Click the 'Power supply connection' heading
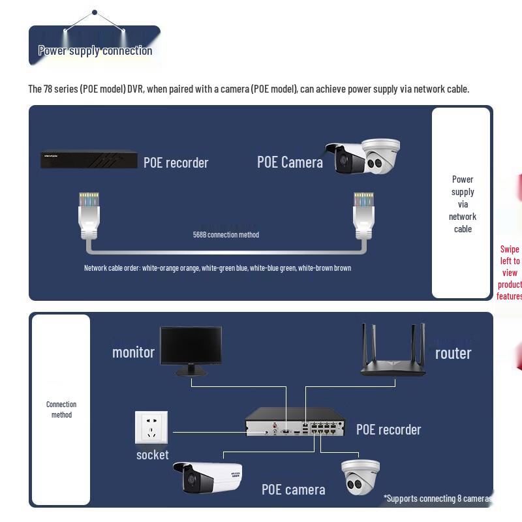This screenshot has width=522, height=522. click(95, 51)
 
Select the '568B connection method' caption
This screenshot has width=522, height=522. click(226, 235)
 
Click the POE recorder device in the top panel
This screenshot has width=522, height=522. click(89, 160)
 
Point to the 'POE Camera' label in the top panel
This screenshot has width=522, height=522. click(290, 162)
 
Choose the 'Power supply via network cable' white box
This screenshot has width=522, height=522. click(462, 204)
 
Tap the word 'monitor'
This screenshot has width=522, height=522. click(133, 352)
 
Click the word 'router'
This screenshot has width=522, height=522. click(453, 353)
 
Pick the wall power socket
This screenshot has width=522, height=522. click(151, 427)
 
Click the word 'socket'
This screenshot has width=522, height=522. click(152, 455)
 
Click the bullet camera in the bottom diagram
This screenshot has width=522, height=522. click(211, 478)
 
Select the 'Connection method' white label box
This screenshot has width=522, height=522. click(61, 410)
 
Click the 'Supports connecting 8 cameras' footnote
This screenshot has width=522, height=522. click(437, 499)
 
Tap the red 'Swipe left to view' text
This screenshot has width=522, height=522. click(510, 272)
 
